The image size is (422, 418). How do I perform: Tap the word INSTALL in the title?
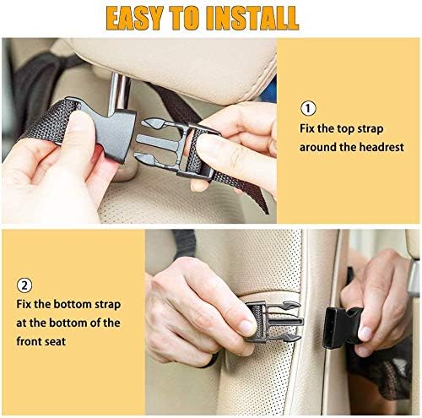click(x=251, y=17)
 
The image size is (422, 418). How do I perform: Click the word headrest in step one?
click(x=380, y=147)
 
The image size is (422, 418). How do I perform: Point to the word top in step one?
click(x=338, y=128)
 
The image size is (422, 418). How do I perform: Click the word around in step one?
click(x=321, y=147)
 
